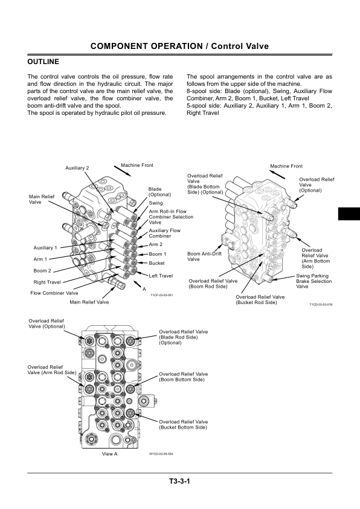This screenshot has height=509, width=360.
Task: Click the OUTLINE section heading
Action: point(43,62)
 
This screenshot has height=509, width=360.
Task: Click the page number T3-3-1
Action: point(179,481)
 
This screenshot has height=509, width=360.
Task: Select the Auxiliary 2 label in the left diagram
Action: point(77,168)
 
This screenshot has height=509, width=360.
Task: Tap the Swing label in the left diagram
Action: point(156,203)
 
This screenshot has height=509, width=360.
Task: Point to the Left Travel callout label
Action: point(161,276)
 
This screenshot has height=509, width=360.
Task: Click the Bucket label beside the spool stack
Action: point(156,263)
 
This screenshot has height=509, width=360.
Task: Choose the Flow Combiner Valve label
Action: point(54,293)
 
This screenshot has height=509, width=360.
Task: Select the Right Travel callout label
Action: point(47,282)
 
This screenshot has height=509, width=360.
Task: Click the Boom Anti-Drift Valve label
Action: point(204,256)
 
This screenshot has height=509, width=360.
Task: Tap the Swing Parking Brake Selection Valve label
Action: point(314,281)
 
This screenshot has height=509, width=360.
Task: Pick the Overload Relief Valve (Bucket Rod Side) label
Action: point(260,300)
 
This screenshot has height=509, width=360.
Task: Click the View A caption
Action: point(109,454)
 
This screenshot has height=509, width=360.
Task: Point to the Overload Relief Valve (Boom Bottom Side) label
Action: point(183,377)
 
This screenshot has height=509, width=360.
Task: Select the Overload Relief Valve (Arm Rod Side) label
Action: point(52,370)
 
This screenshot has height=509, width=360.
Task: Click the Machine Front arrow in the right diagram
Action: point(278,174)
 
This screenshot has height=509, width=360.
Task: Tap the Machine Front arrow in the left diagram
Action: point(123,170)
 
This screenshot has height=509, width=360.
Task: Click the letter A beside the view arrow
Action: point(144,289)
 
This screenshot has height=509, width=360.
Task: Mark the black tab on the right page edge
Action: point(349,213)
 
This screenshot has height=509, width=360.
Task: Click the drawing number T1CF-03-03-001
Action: point(161,295)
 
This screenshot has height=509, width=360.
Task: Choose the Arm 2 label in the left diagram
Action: point(156,244)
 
